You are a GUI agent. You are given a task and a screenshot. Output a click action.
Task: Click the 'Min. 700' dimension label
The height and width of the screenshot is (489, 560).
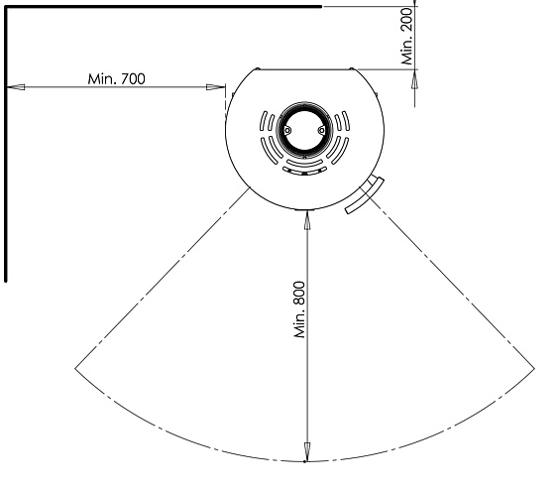[115, 79]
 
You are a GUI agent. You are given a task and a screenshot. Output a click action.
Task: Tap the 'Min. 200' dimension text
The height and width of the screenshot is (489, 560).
[406, 43]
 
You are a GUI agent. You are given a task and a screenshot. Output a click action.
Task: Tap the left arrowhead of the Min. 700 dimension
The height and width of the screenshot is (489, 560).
[14, 88]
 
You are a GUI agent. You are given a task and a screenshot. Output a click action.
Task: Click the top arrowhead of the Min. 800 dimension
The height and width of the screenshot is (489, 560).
[306, 220]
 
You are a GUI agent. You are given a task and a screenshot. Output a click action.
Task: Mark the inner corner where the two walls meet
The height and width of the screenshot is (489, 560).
[7, 7]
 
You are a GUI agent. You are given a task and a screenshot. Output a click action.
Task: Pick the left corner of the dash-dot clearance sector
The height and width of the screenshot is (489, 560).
[76, 368]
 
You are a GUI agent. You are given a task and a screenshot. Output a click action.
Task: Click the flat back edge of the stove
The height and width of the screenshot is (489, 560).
[305, 68]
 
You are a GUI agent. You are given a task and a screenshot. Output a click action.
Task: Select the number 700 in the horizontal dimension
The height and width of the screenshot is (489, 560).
[129, 79]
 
